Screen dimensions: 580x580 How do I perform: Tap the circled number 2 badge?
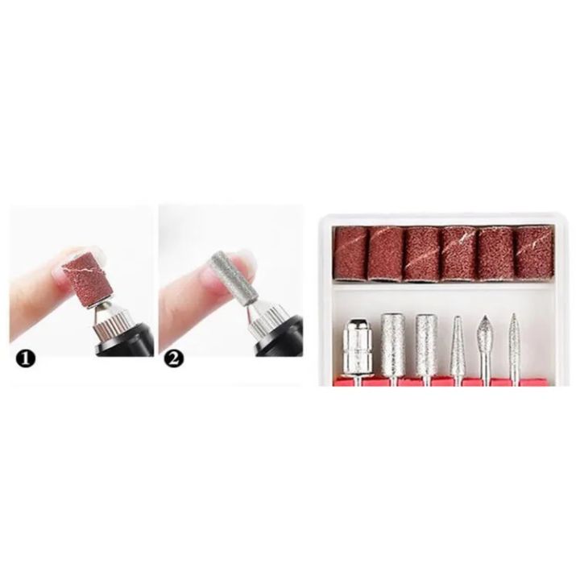tap(172, 358)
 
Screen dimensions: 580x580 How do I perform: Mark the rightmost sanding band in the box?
tap(530, 253)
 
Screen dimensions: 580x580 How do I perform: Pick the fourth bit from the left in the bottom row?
tap(458, 342)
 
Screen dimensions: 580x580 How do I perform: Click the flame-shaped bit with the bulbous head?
tap(485, 334)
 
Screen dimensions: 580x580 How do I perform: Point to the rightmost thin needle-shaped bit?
tap(514, 342)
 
